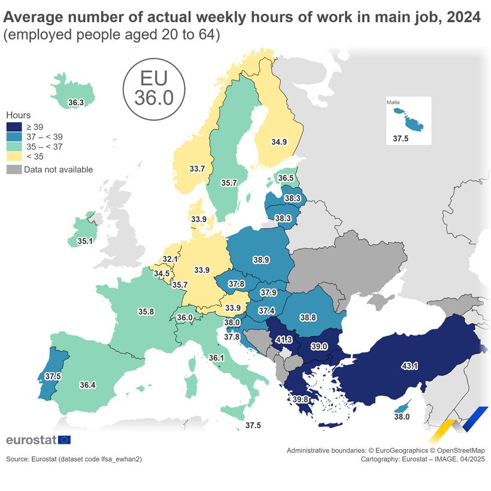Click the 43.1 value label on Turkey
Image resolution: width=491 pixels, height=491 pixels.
(x=410, y=365)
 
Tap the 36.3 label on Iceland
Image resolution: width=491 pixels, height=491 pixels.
(x=75, y=103)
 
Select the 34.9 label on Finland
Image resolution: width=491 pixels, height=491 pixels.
(x=279, y=142)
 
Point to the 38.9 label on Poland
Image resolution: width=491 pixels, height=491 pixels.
(x=260, y=260)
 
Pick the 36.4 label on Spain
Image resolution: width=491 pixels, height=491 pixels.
(x=87, y=385)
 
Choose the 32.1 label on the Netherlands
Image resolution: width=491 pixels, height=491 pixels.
(x=171, y=259)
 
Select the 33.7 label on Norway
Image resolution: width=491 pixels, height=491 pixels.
(x=197, y=169)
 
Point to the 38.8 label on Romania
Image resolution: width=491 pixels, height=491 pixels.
(x=308, y=317)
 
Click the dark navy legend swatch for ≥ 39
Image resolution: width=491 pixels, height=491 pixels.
(x=14, y=127)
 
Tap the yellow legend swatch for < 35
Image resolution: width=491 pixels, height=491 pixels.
(x=14, y=156)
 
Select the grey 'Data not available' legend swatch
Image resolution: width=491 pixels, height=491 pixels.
(x=14, y=169)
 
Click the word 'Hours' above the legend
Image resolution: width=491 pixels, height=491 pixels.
(x=18, y=115)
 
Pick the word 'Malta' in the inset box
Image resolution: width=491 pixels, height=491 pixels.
(x=393, y=102)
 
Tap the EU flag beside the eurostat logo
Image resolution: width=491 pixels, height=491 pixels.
(x=64, y=440)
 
